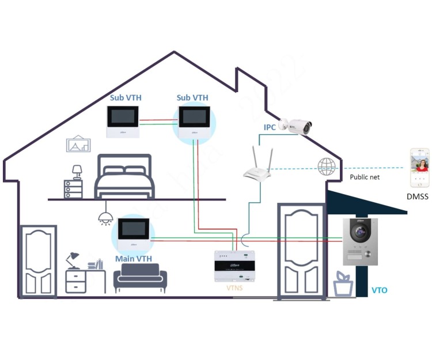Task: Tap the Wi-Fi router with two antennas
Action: click(x=256, y=170)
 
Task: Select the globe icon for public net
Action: click(x=326, y=167)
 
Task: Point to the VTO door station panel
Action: click(x=359, y=241)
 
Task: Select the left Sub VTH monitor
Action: click(x=123, y=122)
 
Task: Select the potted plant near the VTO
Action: click(x=344, y=284)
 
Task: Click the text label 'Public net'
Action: click(x=365, y=177)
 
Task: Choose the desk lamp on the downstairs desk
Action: click(x=73, y=259)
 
